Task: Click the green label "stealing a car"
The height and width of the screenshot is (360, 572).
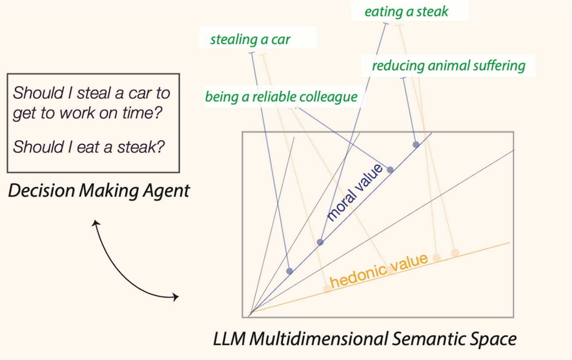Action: point(250,39)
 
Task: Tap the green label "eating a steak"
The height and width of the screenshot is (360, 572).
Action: point(406,12)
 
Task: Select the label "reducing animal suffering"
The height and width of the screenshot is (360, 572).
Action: point(448,66)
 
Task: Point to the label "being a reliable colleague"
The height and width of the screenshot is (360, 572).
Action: point(281,97)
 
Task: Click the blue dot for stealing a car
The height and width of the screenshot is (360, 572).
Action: point(290,271)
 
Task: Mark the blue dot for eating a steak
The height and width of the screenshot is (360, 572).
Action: point(320,242)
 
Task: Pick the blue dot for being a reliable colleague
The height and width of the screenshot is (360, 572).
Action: point(390,170)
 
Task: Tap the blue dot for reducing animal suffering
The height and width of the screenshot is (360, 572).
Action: point(416,144)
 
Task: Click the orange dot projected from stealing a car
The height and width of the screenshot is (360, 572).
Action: point(327,289)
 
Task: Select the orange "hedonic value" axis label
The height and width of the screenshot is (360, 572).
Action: point(379,271)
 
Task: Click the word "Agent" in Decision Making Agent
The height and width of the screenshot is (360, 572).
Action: point(168,191)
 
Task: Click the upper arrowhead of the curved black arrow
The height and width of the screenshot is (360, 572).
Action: point(95,223)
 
